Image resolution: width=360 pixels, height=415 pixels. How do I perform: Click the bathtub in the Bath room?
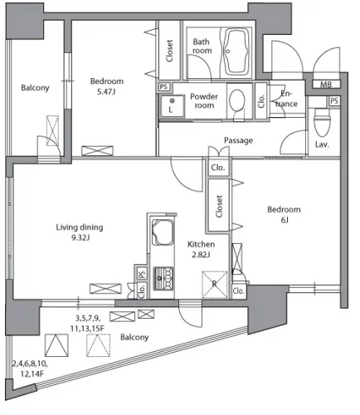(236, 51)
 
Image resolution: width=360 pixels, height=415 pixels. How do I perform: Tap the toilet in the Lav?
(323, 122)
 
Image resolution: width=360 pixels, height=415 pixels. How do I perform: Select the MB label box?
(326, 84)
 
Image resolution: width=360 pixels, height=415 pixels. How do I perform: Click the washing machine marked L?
(172, 106)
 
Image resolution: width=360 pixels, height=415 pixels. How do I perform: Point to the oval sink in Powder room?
(237, 100)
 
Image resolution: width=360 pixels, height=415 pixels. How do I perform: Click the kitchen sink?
(163, 232)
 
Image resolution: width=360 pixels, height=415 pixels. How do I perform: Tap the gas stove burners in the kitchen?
(163, 278)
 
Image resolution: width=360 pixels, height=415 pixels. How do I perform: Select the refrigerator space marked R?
(215, 285)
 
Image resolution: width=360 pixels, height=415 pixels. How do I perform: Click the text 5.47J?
(106, 91)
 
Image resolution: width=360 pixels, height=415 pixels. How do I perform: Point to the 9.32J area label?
(80, 237)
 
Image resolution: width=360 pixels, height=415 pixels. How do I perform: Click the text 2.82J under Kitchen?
(201, 255)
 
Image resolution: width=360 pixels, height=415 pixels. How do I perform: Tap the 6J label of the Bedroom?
(285, 220)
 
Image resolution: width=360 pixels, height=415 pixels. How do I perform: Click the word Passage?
(238, 140)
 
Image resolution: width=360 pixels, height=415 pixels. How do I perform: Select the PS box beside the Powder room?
(163, 86)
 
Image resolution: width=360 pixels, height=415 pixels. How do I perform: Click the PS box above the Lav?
(334, 100)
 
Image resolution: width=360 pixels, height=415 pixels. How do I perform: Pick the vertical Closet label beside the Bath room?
(169, 51)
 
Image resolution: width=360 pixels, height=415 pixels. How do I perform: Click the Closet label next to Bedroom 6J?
(219, 206)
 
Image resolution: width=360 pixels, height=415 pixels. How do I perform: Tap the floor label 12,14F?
(32, 374)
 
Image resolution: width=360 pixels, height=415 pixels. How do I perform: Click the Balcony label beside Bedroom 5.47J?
(35, 88)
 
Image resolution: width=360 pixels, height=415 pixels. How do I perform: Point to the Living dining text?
(80, 227)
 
